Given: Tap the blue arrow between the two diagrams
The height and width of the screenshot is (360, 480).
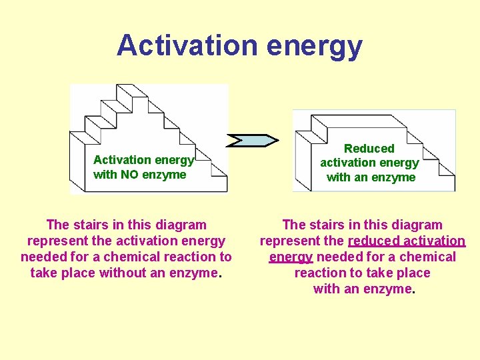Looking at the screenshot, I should [253, 140].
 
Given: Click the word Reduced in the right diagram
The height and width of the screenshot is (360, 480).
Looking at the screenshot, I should [369, 148].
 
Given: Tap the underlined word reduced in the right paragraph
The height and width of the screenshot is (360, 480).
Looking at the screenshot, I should [369, 241].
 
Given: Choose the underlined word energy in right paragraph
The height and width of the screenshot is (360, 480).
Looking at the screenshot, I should [291, 257].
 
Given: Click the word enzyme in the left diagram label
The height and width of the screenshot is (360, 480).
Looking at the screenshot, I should [166, 175].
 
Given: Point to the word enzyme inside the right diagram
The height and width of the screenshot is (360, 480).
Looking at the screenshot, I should [395, 177].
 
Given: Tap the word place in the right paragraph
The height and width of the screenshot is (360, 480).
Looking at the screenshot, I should [413, 273].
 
